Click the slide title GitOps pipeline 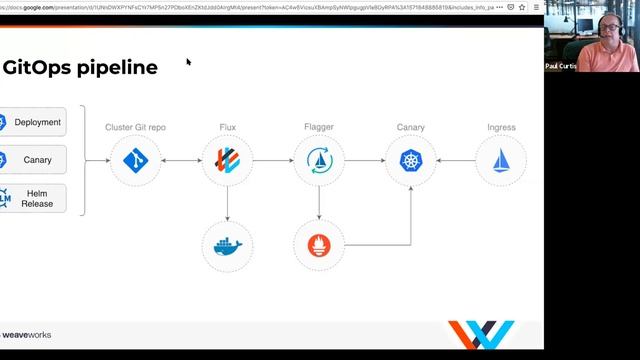(x=80, y=68)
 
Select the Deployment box (x=33, y=122)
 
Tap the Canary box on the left (x=33, y=160)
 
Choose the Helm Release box (x=33, y=197)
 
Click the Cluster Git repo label (x=135, y=128)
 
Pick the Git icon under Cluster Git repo (x=135, y=161)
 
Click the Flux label (x=228, y=128)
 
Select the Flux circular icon (x=228, y=161)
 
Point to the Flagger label (x=319, y=128)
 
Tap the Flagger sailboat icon (x=319, y=161)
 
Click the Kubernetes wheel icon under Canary (x=411, y=161)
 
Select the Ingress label (x=501, y=128)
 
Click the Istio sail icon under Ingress (x=501, y=161)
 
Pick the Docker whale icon (x=228, y=245)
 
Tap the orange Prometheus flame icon (x=319, y=245)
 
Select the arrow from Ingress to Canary (x=456, y=161)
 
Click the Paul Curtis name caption (x=561, y=66)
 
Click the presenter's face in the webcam (x=607, y=27)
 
